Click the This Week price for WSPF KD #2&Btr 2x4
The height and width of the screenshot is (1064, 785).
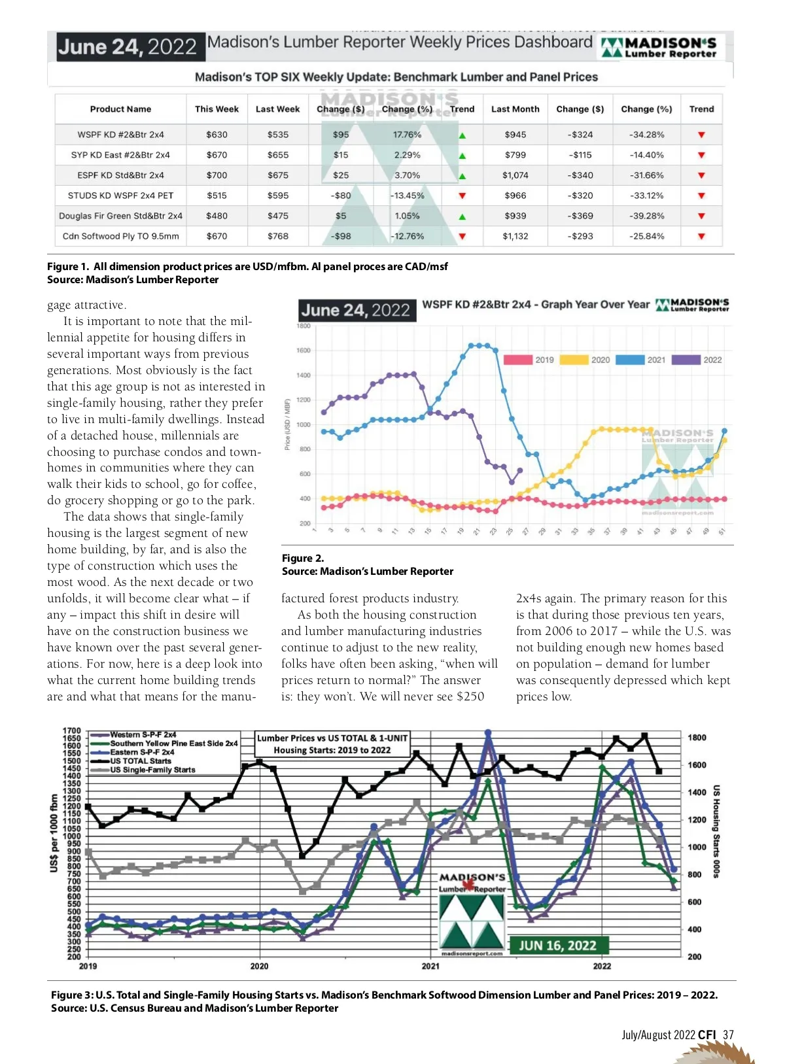tap(217, 135)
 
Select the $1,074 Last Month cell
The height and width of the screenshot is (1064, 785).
tap(515, 175)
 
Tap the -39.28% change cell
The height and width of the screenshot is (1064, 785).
tap(646, 216)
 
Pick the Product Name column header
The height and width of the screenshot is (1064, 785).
tap(120, 109)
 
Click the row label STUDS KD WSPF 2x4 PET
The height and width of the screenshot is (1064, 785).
tap(120, 196)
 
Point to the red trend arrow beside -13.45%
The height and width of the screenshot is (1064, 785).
tap(462, 196)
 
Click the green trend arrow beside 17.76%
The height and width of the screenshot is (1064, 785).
tap(462, 135)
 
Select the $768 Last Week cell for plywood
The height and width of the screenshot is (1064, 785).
tap(277, 236)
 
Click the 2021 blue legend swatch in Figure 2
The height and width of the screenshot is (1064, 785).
tap(630, 360)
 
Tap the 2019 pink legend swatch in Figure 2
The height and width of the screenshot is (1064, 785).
tap(517, 360)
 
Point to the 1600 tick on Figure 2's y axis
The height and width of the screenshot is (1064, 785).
tap(304, 351)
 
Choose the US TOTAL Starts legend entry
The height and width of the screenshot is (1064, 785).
tap(140, 761)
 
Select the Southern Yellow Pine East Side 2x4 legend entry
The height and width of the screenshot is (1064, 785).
tap(173, 744)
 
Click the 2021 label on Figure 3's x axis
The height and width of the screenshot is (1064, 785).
tap(430, 966)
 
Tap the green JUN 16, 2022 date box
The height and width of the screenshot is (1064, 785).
tap(558, 945)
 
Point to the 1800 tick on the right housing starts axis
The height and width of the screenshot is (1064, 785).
tap(697, 738)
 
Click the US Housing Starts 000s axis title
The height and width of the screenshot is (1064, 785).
tap(716, 831)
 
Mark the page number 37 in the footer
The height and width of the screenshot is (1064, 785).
tap(728, 1035)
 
